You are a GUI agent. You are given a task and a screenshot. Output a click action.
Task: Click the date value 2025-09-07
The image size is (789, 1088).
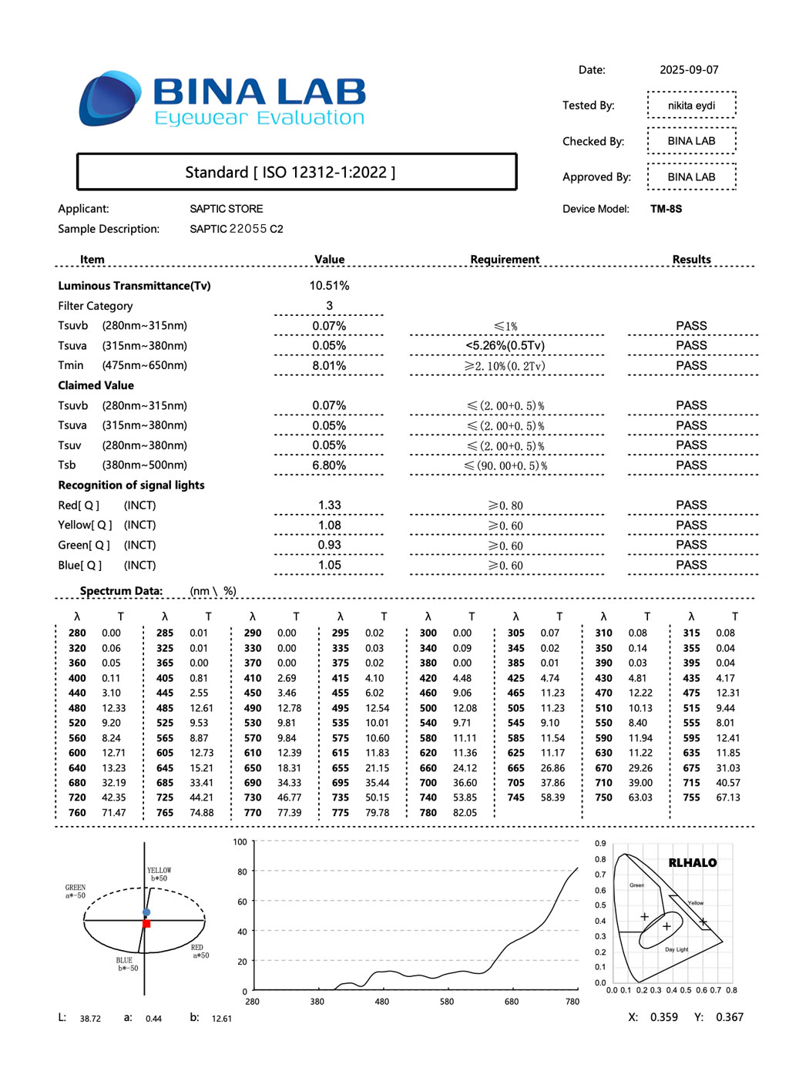(689, 70)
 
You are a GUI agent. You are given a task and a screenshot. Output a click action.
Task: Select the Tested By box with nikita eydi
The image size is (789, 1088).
(691, 106)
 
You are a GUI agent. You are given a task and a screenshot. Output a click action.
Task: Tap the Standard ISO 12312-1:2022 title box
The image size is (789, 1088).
(297, 172)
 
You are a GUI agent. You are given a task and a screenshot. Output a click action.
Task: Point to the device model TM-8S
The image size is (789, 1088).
(666, 209)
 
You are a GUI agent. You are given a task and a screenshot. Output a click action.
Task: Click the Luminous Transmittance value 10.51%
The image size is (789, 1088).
(329, 286)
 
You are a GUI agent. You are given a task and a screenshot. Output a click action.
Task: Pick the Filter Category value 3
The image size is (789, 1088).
(329, 306)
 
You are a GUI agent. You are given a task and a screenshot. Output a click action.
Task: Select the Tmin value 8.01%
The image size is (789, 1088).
(329, 366)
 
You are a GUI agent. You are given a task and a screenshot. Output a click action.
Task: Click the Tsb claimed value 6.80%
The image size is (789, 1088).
(329, 465)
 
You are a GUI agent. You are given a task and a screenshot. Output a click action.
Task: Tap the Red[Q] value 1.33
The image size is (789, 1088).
(329, 505)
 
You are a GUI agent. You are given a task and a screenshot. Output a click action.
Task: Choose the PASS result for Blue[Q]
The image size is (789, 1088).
(691, 565)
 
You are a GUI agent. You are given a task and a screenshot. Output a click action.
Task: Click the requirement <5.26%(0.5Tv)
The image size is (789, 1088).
(505, 346)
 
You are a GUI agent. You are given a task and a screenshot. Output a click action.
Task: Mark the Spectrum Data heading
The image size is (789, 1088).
(121, 591)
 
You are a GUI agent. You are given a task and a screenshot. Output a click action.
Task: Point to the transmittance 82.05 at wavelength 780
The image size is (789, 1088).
(465, 813)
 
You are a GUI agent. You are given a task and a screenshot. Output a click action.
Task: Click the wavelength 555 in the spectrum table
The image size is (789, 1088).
(691, 723)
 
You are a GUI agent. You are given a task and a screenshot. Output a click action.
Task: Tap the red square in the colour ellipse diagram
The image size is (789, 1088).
(146, 923)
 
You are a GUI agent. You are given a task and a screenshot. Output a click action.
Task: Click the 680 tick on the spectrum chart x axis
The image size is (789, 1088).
(512, 1002)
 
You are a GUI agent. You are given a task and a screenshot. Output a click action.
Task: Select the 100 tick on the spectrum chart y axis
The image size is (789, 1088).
(240, 842)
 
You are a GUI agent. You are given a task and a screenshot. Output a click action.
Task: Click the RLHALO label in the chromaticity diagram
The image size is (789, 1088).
(692, 863)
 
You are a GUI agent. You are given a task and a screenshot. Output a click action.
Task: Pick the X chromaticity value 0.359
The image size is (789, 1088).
(664, 1017)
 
